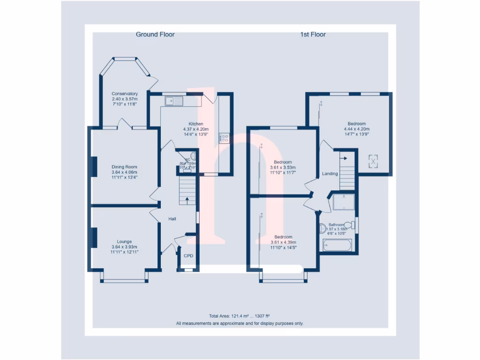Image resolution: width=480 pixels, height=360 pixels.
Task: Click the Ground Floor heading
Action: tap(155, 34)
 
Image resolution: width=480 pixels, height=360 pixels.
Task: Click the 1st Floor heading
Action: tap(313, 34)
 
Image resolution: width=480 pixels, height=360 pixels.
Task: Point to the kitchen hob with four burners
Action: tap(225, 138)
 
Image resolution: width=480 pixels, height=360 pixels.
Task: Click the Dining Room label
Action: tap(124, 167)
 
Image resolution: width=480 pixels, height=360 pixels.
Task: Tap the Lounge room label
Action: tap(124, 241)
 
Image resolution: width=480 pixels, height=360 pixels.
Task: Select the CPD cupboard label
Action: tap(188, 255)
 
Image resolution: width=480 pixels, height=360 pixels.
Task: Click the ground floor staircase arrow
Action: tap(187, 199)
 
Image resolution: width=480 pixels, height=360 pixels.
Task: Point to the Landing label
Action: tap(330, 174)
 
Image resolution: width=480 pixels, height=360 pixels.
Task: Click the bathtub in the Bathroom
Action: tap(337, 245)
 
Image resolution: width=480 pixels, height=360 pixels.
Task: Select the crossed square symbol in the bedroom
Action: tap(373, 161)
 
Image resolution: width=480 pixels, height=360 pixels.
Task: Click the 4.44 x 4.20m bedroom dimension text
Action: tap(356, 129)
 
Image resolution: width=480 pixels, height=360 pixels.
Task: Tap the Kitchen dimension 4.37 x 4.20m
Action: tap(195, 129)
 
